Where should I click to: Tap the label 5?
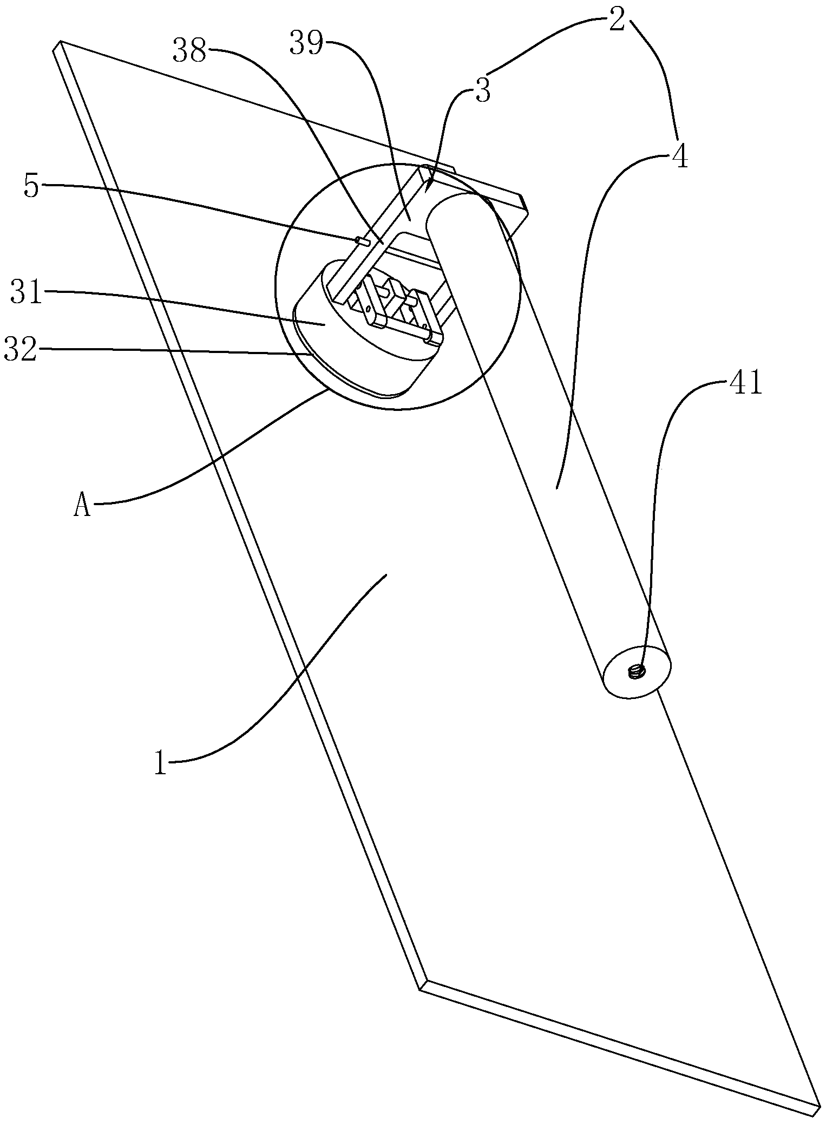click(32, 186)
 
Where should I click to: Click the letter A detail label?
click(82, 507)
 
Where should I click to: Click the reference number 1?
click(160, 763)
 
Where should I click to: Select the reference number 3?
click(483, 91)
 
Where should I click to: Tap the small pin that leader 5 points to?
click(362, 241)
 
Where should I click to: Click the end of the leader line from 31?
click(324, 324)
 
